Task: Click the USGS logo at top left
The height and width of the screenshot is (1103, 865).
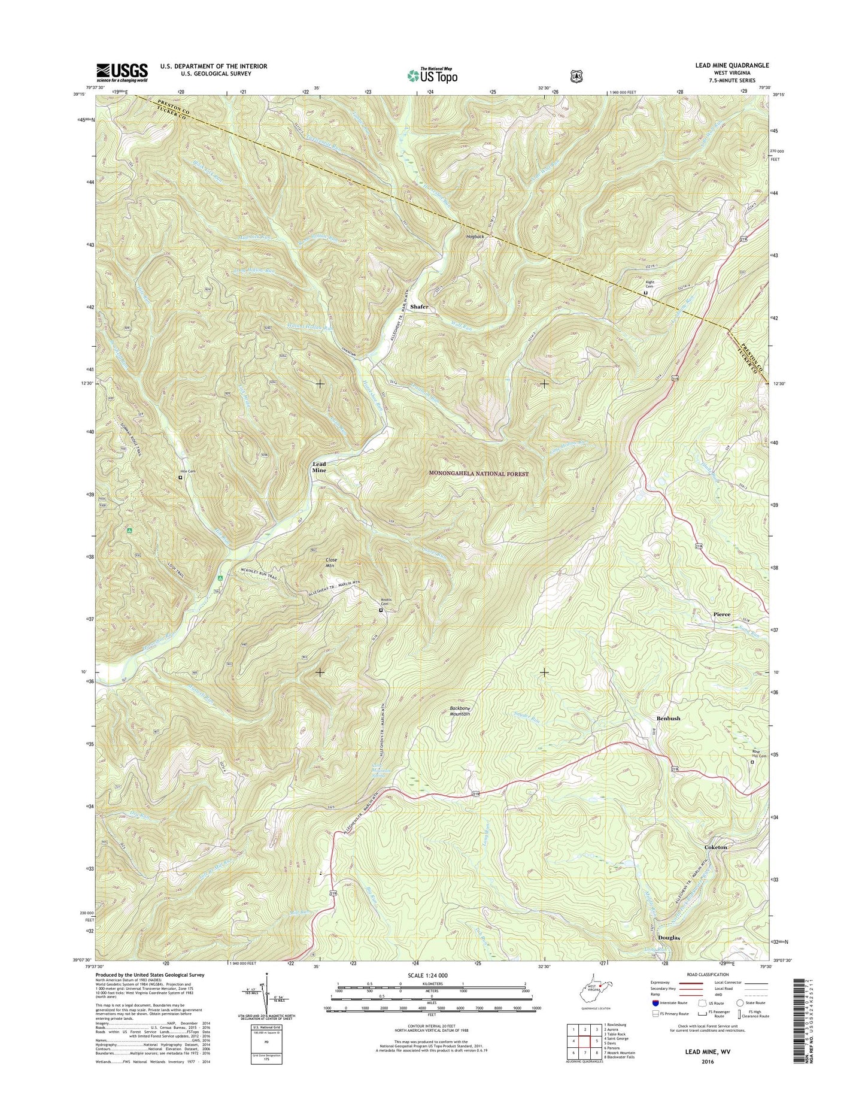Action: coord(122,72)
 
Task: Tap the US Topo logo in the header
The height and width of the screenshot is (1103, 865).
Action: coord(432,75)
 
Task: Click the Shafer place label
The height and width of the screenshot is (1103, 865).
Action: coord(419,307)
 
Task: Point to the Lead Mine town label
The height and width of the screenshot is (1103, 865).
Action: coord(319,467)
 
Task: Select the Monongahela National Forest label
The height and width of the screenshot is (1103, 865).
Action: coord(479,474)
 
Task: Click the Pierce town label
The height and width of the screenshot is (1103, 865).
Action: coord(721,614)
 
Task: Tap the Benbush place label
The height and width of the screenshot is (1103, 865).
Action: coord(668,718)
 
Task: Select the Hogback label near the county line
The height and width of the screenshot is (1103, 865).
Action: coord(475,237)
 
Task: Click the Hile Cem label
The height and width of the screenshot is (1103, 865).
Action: coord(188,472)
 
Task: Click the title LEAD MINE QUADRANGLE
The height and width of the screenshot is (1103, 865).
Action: coord(727,65)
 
